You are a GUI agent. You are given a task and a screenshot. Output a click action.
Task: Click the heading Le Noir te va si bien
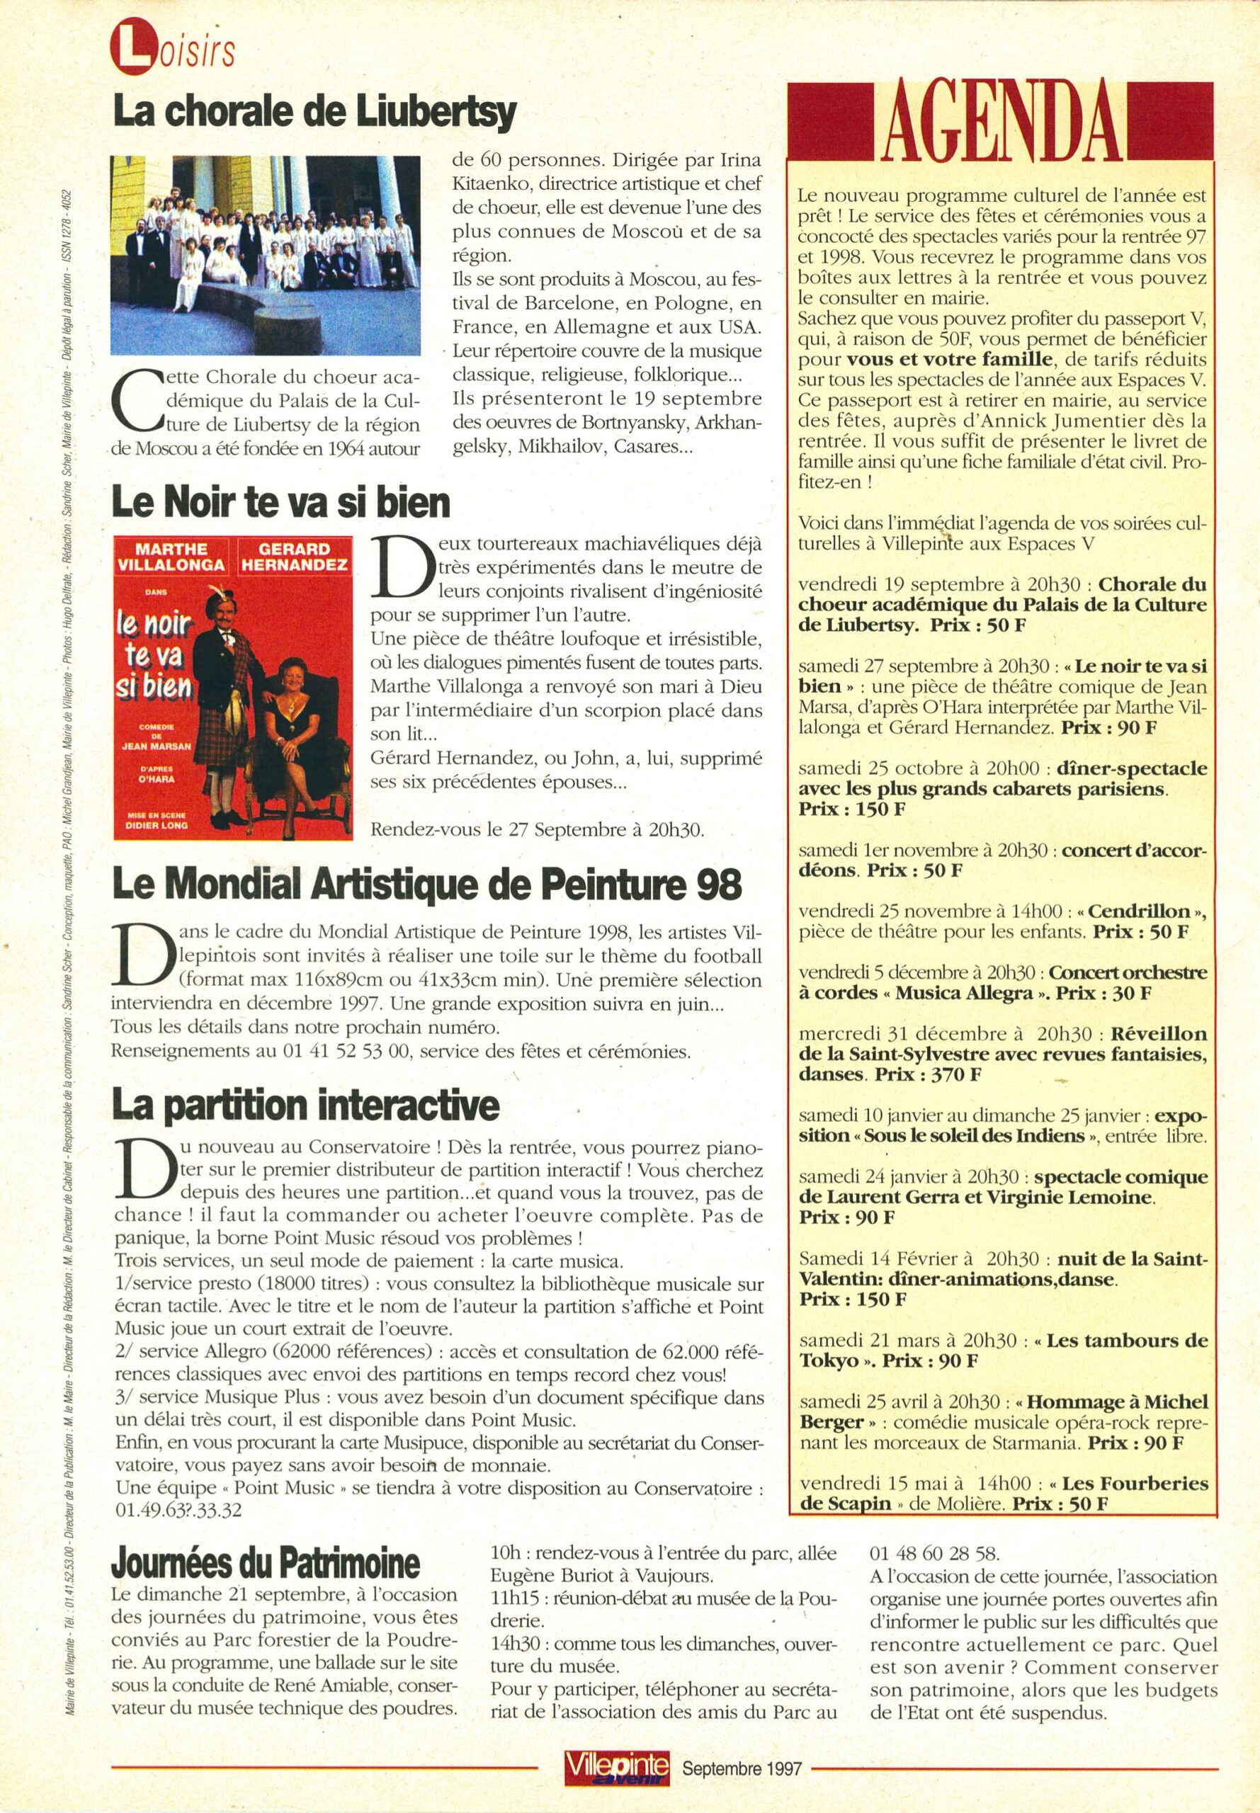pos(281,502)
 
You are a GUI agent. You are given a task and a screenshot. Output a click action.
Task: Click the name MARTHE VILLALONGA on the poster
pos(171,557)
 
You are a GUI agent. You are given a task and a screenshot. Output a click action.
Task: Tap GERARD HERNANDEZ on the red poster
pos(294,557)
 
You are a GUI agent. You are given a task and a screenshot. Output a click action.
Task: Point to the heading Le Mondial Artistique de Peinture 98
pos(427,885)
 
